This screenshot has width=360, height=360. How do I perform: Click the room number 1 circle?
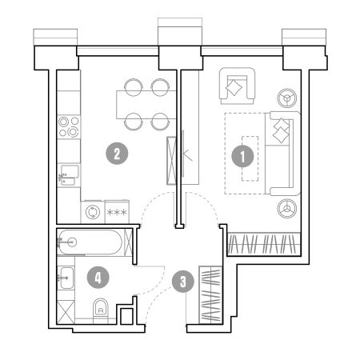[x=242, y=156]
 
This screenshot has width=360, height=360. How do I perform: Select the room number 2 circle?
[x=117, y=154]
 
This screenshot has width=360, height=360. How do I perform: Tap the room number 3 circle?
[x=183, y=282]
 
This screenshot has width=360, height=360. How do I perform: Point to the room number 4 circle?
[x=98, y=278]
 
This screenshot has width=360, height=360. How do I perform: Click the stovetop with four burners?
[x=69, y=126]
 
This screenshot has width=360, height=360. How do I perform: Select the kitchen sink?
[x=69, y=175]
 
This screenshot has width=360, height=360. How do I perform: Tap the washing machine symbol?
[x=93, y=212]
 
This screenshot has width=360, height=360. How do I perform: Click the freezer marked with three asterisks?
[x=117, y=212]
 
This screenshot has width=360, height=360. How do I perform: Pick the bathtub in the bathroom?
[x=90, y=242]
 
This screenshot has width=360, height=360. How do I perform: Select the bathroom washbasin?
[x=66, y=278]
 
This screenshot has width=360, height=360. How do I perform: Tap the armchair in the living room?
[x=237, y=86]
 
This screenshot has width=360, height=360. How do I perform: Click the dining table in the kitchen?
[x=146, y=105]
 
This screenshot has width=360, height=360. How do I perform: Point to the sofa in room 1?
[x=283, y=154]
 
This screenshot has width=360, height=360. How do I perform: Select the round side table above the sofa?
[x=286, y=98]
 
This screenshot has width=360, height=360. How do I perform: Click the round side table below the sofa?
[x=286, y=208]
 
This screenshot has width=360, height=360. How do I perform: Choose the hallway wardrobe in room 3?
[x=210, y=295]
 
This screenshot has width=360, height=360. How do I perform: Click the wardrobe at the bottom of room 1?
[x=264, y=244]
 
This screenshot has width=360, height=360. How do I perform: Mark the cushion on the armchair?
[x=234, y=87]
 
